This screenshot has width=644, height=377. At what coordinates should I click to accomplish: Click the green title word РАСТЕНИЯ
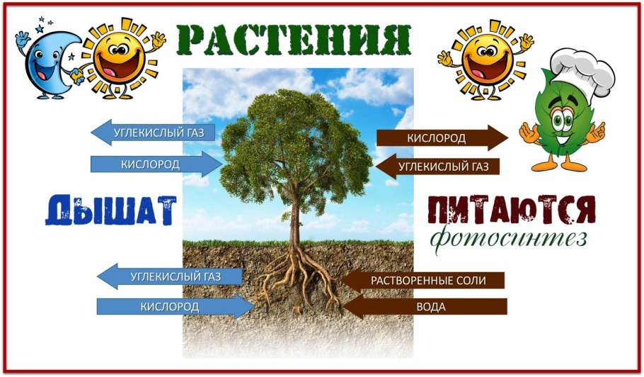coord(294,40)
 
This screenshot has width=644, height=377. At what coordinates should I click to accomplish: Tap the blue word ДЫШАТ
coord(111,210)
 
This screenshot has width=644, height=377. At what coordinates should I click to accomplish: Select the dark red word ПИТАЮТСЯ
coord(512,210)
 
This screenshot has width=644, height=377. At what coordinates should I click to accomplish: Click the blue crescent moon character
coord(48,64)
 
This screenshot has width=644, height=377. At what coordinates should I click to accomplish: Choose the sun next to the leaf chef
coord(485,57)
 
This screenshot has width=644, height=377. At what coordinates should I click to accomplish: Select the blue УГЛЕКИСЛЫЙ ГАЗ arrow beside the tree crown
coord(153,133)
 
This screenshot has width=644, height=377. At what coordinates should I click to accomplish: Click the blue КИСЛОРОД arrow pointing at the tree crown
coord(156,164)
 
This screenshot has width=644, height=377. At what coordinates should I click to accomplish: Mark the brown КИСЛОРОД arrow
coord(442,138)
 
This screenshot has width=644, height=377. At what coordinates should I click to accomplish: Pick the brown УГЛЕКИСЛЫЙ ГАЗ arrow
coord(437,167)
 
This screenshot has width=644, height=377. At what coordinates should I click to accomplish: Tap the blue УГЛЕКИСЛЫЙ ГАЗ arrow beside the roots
coord(169,276)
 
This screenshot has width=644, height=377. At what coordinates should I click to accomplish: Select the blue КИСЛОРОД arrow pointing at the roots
coord(176,307)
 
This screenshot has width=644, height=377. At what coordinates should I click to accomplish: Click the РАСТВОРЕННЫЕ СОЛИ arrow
coord(422,281)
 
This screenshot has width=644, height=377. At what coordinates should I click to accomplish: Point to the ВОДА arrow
coord(425,307)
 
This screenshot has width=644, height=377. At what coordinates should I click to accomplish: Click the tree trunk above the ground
coord(294,218)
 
